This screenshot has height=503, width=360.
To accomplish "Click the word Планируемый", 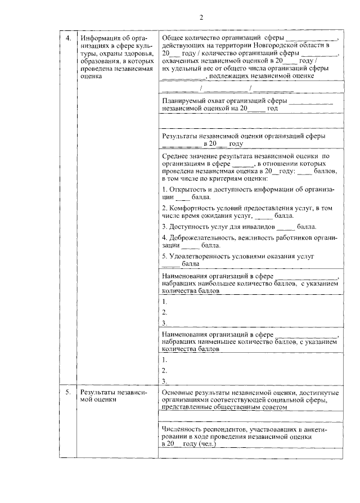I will coord(182,101).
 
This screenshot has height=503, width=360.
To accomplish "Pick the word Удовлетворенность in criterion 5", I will coord(197,256).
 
